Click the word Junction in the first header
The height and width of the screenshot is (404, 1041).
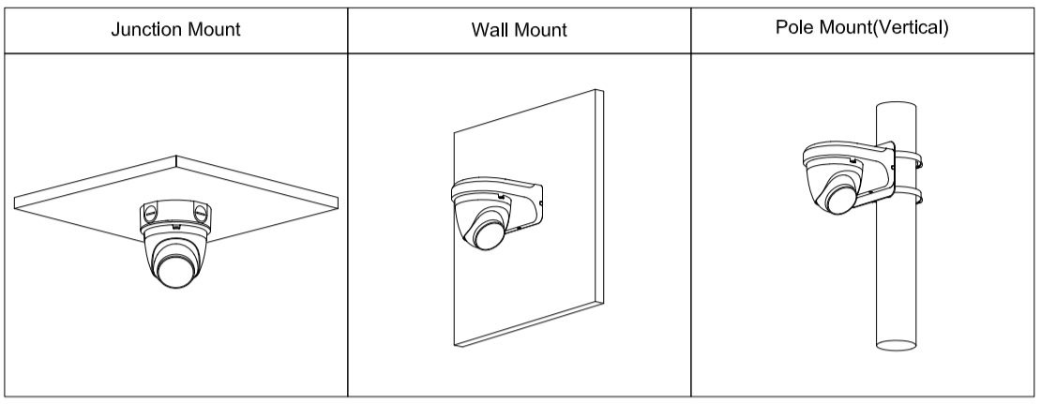coord(143,28)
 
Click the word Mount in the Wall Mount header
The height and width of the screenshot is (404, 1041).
coord(540,29)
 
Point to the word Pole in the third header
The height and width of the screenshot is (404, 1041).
coord(792,27)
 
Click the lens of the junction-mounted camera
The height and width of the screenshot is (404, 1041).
coord(175,268)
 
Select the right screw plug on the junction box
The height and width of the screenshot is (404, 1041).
coord(202,213)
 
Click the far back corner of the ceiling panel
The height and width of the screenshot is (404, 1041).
coord(176,156)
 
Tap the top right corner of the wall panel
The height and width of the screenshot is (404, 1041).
coord(595,91)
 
